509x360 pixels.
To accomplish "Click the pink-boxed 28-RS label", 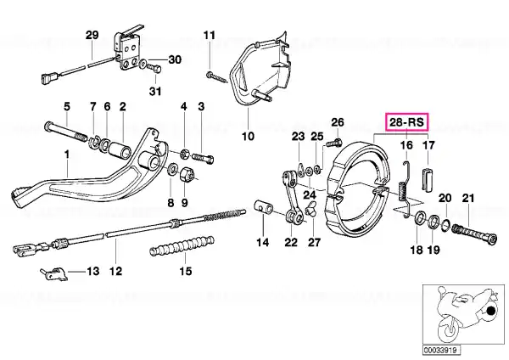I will [x=408, y=123].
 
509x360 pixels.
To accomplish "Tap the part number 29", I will [x=92, y=35].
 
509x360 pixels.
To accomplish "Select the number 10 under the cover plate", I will [x=248, y=135].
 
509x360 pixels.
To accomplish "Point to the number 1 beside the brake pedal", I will [x=68, y=155].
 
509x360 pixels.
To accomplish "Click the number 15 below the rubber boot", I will [x=185, y=272].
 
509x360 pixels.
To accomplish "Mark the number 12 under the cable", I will [x=115, y=272].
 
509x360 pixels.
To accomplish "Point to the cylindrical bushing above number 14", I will [x=262, y=206].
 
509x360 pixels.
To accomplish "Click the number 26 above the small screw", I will [x=337, y=122].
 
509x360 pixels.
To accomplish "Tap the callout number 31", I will [x=155, y=91].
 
